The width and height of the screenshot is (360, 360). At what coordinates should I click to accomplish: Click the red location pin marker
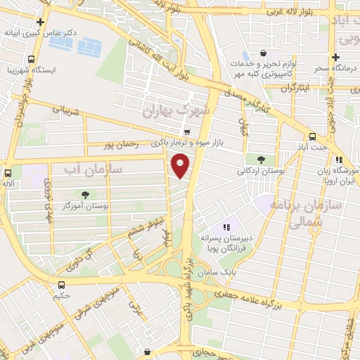[181, 165]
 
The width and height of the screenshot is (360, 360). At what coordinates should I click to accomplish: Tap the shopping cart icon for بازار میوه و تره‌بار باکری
[186, 131]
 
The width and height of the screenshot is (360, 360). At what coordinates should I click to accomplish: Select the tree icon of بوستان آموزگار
[86, 195]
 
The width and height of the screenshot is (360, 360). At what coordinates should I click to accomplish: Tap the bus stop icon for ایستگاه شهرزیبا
[31, 60]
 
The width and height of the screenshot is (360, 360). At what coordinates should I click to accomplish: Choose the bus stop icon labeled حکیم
[61, 285]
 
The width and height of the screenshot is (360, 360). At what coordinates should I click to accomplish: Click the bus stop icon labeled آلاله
[8, 173]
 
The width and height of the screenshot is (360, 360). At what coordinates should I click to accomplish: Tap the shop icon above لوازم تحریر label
[263, 53]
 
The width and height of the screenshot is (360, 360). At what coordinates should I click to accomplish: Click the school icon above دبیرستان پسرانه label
[226, 226]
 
